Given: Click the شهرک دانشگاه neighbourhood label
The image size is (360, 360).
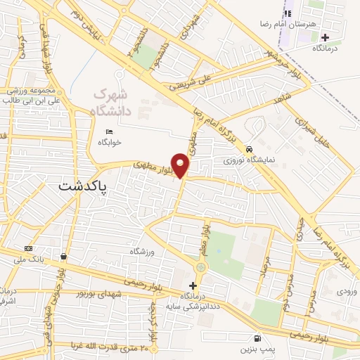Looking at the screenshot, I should [111, 102].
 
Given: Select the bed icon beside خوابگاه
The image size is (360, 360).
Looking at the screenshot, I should [108, 132].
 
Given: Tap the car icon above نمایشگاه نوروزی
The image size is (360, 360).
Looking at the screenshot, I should [250, 149].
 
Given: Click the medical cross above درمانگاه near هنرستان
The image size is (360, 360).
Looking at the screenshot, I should [324, 37].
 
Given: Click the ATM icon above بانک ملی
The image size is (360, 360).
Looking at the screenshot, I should [28, 248].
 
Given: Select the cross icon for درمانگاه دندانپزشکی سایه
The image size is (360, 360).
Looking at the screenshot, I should [193, 285].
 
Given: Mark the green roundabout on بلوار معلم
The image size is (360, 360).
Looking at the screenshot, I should [202, 267].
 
